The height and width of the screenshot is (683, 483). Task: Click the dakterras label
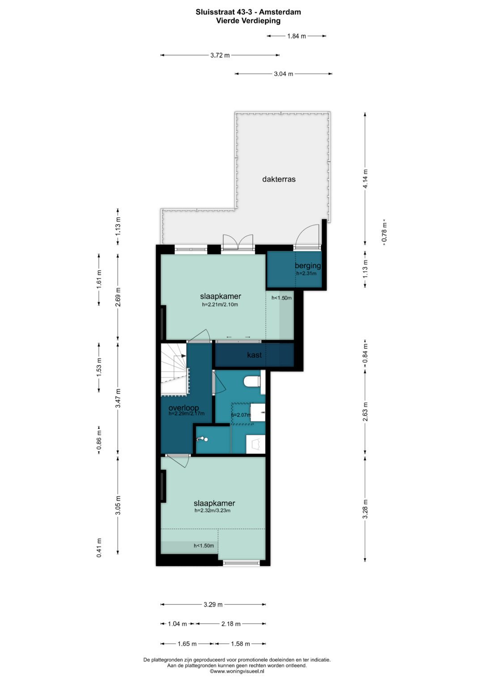[x=279, y=179]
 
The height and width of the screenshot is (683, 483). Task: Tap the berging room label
[x=308, y=266]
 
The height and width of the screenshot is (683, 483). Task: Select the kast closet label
[x=254, y=355]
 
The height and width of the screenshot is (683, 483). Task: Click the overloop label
[x=183, y=407]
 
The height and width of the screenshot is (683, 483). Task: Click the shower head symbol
[x=202, y=439]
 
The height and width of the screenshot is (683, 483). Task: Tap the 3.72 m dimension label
[x=220, y=55]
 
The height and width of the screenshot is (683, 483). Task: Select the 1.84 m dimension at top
[x=297, y=36]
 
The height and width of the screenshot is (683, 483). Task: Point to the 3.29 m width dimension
[x=213, y=604]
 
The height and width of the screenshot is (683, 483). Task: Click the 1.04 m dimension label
[x=177, y=624]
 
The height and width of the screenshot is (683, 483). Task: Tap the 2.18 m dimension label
[x=231, y=624]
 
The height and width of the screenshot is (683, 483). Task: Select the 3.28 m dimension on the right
[x=366, y=509]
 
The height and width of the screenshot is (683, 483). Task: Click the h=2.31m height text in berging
[x=306, y=273]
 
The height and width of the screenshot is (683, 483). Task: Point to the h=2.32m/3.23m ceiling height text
[x=212, y=510]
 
